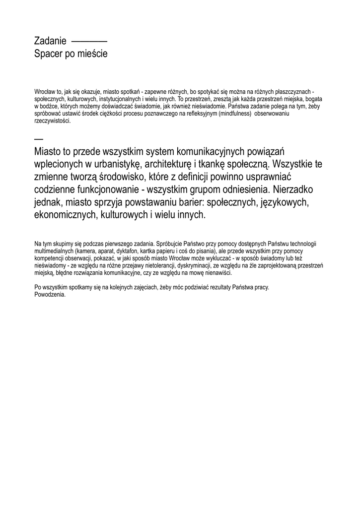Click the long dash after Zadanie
pyautogui.click(x=89, y=41)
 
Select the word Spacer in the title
pyautogui.click(x=48, y=53)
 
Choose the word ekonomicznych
pyautogui.click(x=66, y=215)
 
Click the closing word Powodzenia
pyautogui.click(x=50, y=294)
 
